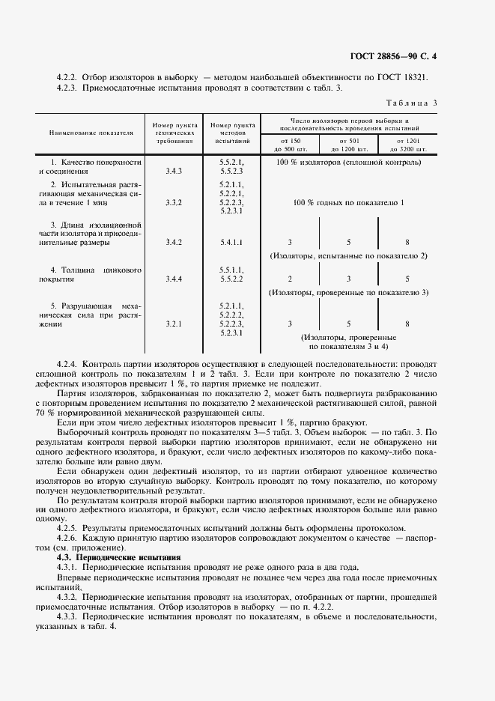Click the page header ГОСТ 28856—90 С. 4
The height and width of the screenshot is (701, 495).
click(397, 56)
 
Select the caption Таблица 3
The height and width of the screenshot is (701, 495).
click(412, 103)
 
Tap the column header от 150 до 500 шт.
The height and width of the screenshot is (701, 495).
click(290, 145)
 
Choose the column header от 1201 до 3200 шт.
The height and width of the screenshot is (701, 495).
click(407, 145)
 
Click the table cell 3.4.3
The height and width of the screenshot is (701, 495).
click(174, 171)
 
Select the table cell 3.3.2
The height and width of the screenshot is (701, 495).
click(174, 203)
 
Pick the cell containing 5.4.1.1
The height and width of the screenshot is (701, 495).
click(231, 243)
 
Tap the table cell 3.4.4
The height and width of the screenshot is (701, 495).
click(174, 279)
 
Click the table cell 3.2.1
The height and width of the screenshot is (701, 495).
click(174, 324)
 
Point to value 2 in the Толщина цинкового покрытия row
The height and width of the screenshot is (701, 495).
click(290, 279)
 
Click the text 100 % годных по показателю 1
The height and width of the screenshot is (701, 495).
click(349, 203)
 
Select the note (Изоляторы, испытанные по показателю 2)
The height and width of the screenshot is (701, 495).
click(348, 256)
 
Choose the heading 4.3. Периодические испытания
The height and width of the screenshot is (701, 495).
click(119, 558)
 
